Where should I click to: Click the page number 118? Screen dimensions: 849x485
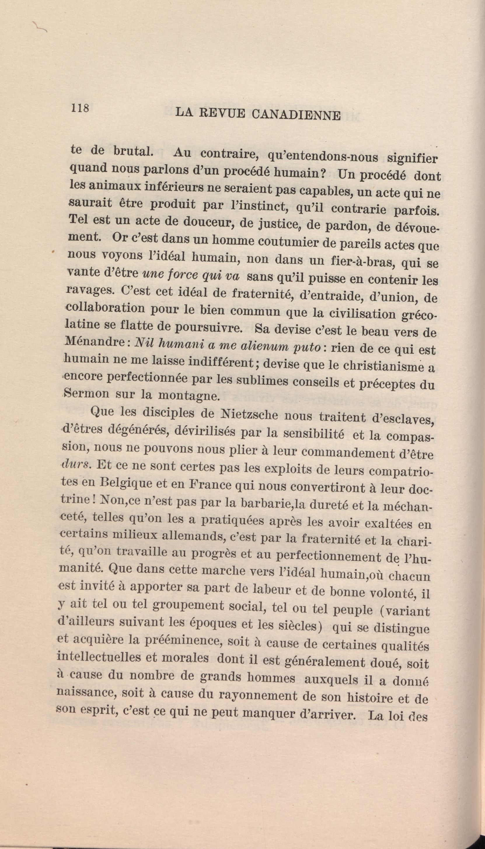(79, 109)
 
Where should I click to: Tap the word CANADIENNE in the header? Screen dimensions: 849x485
(296, 115)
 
